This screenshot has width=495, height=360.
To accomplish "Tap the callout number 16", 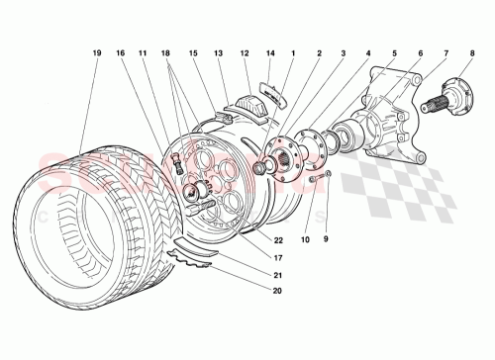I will (120, 52).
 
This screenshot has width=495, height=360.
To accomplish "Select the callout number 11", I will (144, 52).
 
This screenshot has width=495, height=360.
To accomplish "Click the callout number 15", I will (194, 52).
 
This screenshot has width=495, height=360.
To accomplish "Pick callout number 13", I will (220, 52).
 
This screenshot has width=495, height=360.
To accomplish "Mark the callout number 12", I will (245, 52).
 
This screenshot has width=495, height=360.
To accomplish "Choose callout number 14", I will (269, 52).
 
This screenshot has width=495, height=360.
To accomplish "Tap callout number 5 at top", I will (392, 52).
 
